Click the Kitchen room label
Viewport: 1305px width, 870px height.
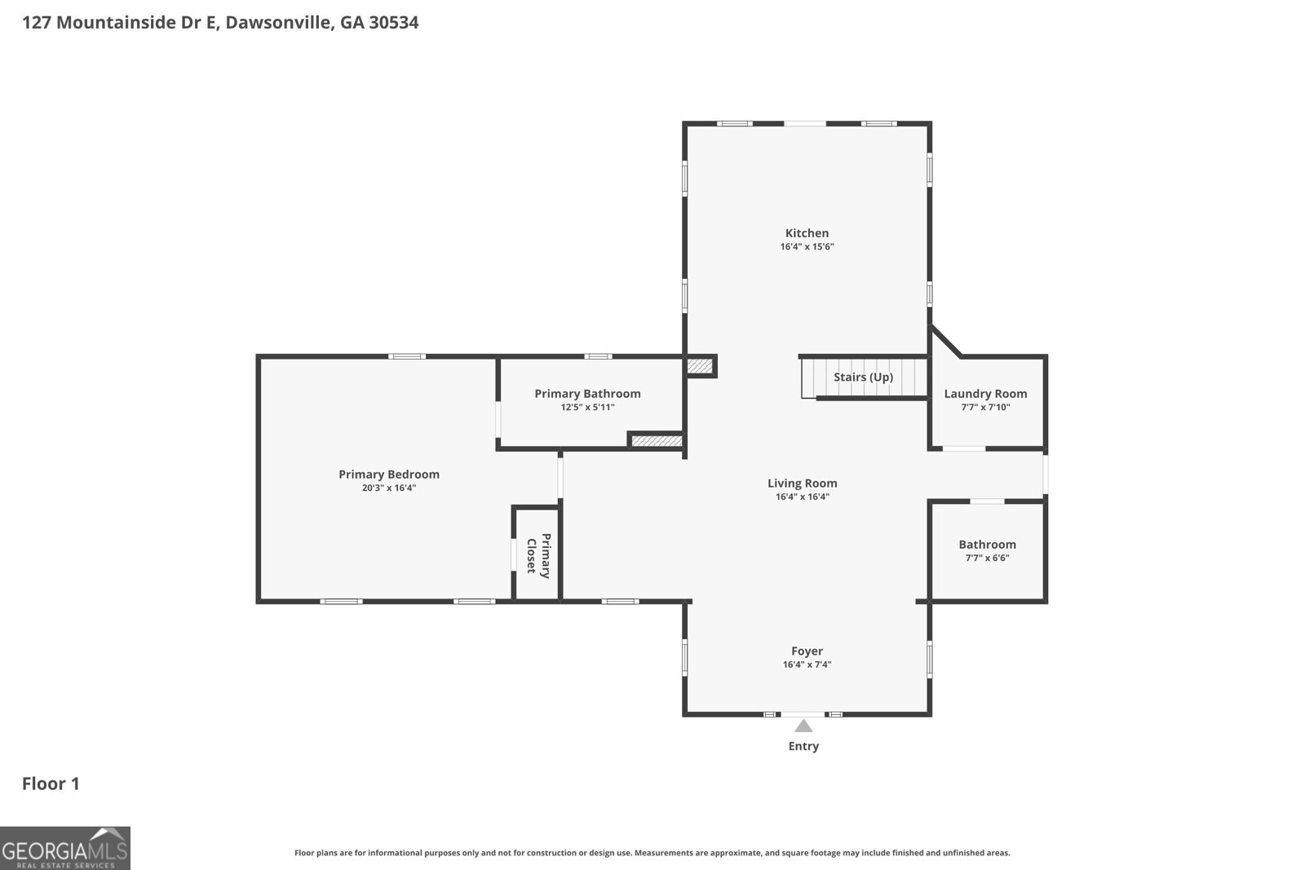pos(807,233)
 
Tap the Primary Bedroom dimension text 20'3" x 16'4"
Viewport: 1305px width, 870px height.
pos(389,488)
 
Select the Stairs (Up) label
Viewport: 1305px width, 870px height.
pos(863,377)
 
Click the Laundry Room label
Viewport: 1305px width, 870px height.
pos(985,393)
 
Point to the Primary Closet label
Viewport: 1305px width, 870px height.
pos(538,555)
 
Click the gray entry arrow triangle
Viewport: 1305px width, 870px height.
pos(803,726)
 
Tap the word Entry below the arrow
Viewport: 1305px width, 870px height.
pos(803,746)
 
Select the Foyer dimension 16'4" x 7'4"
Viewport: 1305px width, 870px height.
pos(807,665)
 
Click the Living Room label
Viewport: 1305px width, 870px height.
pos(802,483)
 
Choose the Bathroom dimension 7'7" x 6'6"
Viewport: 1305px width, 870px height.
pos(987,558)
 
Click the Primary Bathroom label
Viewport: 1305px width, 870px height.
pos(587,393)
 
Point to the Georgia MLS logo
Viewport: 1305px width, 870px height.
pos(65,848)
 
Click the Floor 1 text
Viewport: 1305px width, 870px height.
pos(51,784)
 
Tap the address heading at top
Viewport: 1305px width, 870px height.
pos(220,22)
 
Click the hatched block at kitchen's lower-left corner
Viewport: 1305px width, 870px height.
pos(700,366)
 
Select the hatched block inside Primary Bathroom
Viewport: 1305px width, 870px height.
pos(656,440)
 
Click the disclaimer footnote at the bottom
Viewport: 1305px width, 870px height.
pos(652,853)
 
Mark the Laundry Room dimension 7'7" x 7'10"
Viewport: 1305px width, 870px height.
pos(985,407)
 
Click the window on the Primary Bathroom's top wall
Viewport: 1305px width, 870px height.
pos(598,356)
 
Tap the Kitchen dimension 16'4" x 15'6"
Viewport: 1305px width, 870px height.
pos(807,246)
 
